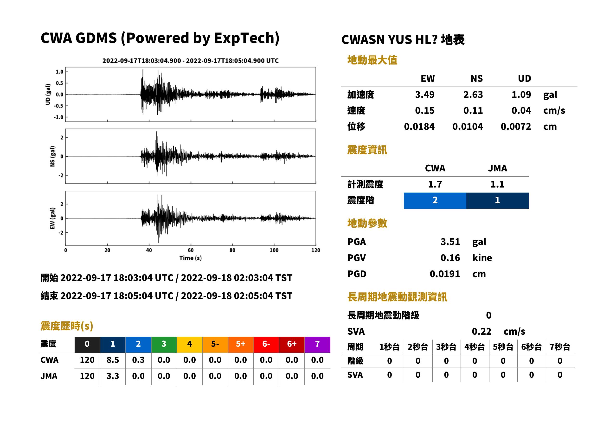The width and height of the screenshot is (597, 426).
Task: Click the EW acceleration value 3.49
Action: click(424, 94)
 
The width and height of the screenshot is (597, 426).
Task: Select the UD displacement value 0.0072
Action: click(516, 126)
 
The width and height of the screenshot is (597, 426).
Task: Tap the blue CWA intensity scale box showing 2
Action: click(435, 200)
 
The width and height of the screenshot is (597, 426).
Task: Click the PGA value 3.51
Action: click(450, 242)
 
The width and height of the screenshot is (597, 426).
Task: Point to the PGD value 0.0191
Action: click(445, 274)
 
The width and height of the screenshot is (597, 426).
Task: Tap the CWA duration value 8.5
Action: click(113, 360)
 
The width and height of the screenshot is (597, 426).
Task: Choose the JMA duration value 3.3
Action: click(113, 376)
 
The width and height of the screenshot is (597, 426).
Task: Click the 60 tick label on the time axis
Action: click(191, 250)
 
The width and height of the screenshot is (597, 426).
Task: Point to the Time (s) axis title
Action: click(191, 258)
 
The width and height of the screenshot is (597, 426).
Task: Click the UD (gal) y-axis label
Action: click(48, 94)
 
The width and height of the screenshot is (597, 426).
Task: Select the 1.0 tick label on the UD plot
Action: click(60, 72)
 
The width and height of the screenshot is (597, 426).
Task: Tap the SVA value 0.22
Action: click(481, 331)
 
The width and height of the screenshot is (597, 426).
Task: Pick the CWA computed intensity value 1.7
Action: click(435, 184)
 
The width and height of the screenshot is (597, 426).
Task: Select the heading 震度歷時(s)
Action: click(67, 326)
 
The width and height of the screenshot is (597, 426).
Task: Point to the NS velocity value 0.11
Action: click(473, 110)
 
